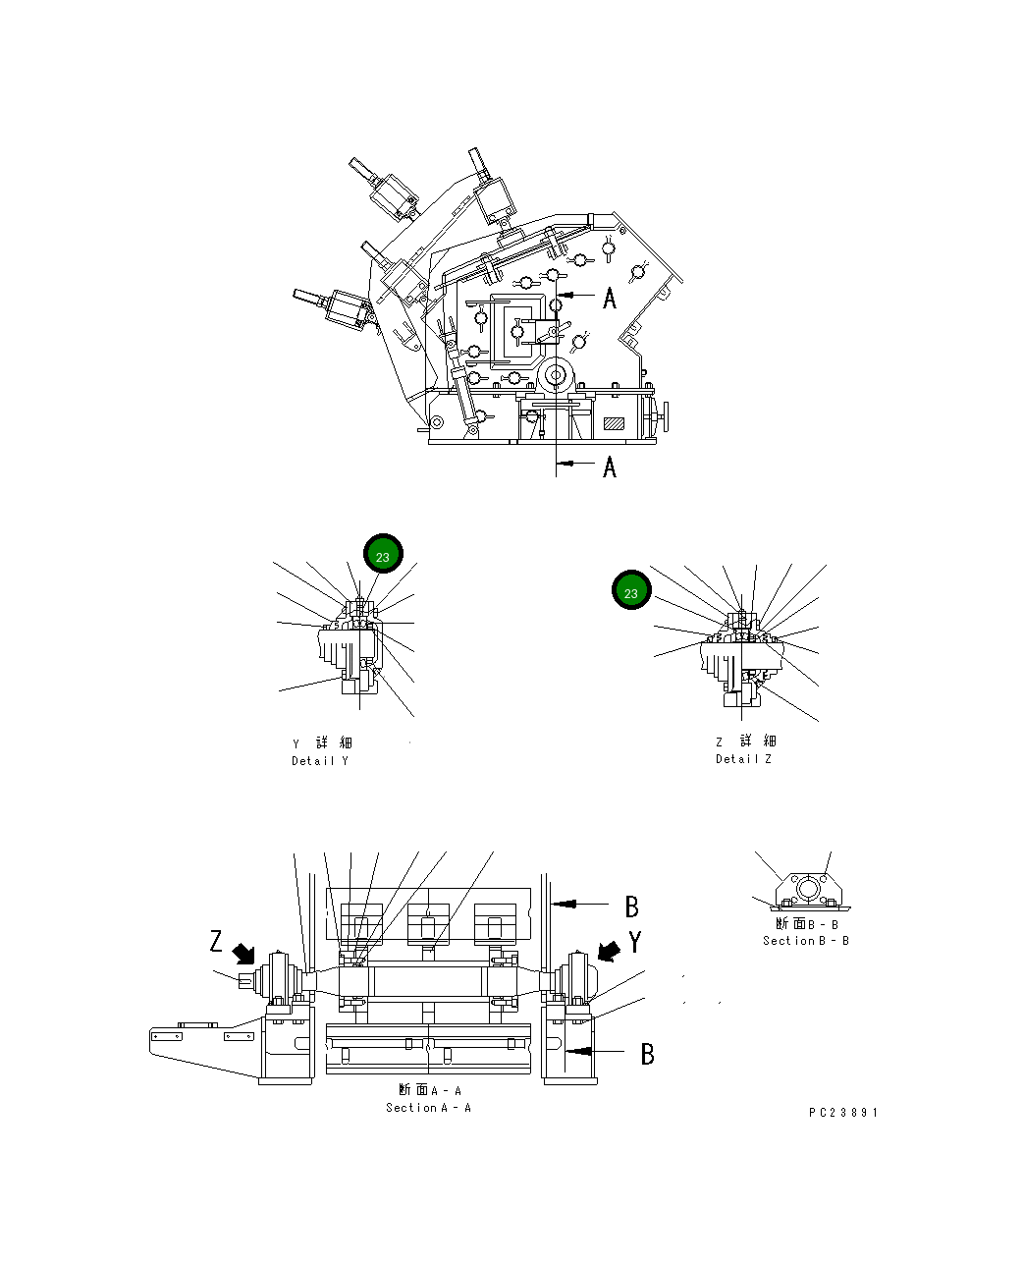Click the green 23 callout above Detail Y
(x=383, y=556)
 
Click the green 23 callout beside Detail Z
(x=631, y=592)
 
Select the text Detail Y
(x=319, y=761)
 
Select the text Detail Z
(x=743, y=759)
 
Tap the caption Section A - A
(x=428, y=1108)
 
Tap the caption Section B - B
(x=806, y=941)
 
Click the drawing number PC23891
(x=843, y=1113)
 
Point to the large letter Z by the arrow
(x=216, y=942)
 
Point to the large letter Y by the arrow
(x=635, y=943)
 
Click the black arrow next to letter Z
(x=243, y=953)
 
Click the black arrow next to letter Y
(x=609, y=950)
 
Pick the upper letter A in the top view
(x=610, y=298)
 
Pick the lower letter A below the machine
(x=610, y=467)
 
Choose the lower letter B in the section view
(x=647, y=1054)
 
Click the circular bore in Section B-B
(x=807, y=889)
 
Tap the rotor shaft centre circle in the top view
(x=557, y=375)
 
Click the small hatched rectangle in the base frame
(x=615, y=423)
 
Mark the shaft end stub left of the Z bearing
(x=244, y=978)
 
